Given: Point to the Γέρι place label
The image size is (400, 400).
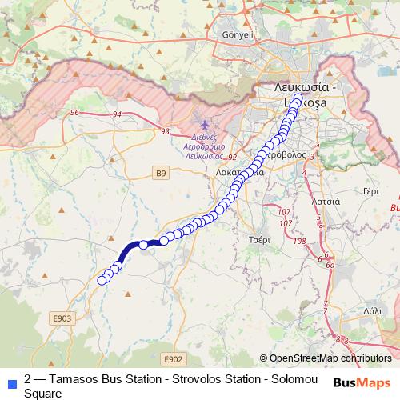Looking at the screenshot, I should coord(370,192).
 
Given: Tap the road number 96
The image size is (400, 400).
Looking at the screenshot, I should coord(74,113).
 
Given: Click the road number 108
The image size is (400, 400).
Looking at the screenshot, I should coord(300,241).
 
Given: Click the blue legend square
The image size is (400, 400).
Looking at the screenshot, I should coord(11,382).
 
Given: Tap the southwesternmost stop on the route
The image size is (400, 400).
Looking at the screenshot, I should coord(102,280).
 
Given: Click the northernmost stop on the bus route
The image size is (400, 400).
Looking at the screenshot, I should coord(298,99).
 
